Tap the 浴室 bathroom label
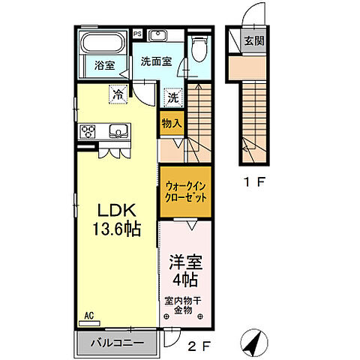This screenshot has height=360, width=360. coord(104,66)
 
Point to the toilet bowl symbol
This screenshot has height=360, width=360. coord(197,49)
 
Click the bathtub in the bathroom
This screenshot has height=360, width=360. coord(103,43)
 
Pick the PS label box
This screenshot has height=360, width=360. coord(137,34)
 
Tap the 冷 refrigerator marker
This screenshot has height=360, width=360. coord(118,94)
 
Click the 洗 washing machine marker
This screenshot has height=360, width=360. coord(172,97)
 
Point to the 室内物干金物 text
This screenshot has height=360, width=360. coord(184,305)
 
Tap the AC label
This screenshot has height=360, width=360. coord(89,316)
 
